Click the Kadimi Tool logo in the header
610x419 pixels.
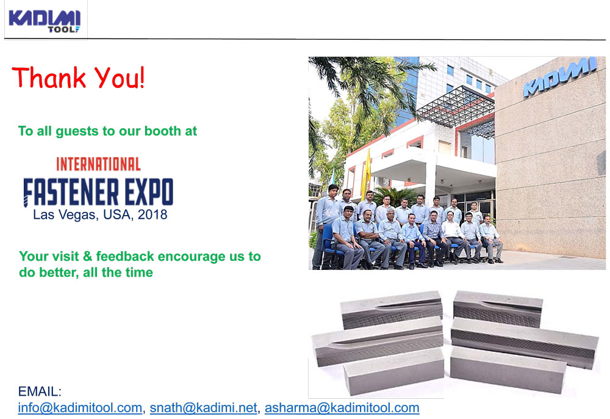point(45,21)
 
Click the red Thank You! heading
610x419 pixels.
point(78,77)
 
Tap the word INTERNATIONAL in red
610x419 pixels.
point(98,164)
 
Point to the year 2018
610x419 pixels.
point(152,214)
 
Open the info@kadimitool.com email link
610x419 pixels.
point(80,408)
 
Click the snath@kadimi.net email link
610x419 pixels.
point(204,408)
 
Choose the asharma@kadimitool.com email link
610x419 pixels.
point(342,408)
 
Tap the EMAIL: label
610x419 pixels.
point(40,391)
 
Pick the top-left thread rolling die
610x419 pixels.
point(392,310)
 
